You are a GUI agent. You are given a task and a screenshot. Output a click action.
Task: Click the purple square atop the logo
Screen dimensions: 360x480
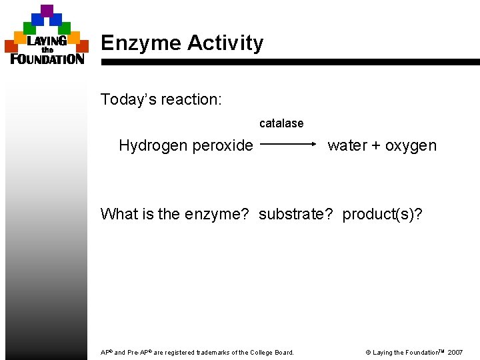[x=47, y=11]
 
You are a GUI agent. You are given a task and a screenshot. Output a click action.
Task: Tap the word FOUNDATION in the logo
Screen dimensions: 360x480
[x=47, y=59]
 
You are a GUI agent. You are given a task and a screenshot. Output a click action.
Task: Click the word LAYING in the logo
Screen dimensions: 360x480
[x=47, y=41]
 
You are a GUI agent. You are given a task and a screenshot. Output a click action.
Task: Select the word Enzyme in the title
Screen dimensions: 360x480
[x=141, y=43]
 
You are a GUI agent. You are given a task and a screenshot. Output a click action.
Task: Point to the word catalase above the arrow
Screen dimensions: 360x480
[x=281, y=123]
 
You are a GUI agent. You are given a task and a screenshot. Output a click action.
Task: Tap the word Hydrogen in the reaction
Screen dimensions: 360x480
[x=149, y=145]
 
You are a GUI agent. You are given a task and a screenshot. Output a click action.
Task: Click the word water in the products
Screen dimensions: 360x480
[x=347, y=145]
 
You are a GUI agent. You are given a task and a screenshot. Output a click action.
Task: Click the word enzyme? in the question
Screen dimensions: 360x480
[x=217, y=214]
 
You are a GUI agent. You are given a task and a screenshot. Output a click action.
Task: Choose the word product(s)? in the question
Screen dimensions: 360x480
[x=382, y=214]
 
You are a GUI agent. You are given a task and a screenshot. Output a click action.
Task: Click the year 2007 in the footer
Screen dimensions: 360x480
[x=455, y=352]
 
